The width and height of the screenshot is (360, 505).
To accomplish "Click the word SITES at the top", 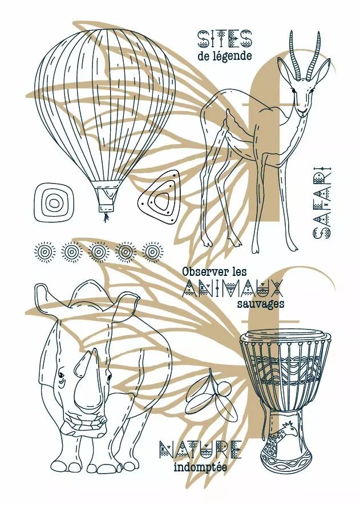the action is coord(224,39).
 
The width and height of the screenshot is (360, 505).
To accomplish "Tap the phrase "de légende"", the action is coord(225,56).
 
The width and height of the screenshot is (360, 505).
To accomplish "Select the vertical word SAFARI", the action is coord(321,203).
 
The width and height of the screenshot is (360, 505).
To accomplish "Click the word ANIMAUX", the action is coord(233,288).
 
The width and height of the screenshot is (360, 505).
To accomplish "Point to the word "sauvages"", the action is coord(261,304).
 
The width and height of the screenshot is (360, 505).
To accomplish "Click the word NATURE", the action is coord(200,449).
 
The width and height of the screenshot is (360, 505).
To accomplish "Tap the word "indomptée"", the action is coord(200,467).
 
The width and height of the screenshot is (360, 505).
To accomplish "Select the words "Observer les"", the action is coord(215,271).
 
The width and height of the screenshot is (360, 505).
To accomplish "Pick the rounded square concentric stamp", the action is coord(54,202).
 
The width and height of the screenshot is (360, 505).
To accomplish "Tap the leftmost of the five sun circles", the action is coord(45,251).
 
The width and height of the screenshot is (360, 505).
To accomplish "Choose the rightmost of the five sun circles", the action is coord(152,251).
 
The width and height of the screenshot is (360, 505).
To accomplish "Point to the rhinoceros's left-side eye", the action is coord(61,375).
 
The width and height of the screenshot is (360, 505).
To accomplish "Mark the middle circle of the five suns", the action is coord(98,251).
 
